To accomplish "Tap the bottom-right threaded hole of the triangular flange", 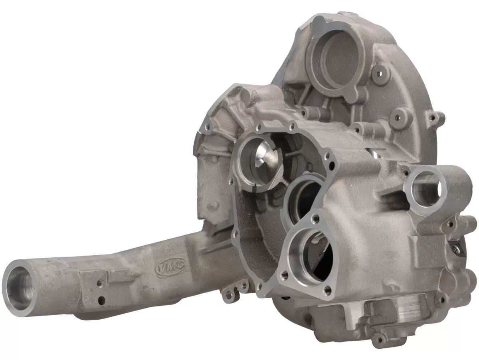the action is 328,290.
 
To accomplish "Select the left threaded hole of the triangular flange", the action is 284,273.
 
